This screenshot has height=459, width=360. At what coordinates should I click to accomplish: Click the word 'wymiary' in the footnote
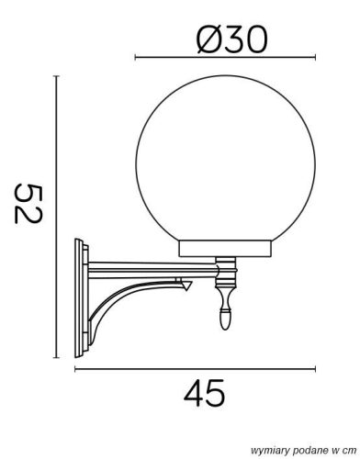pos(260,449)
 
